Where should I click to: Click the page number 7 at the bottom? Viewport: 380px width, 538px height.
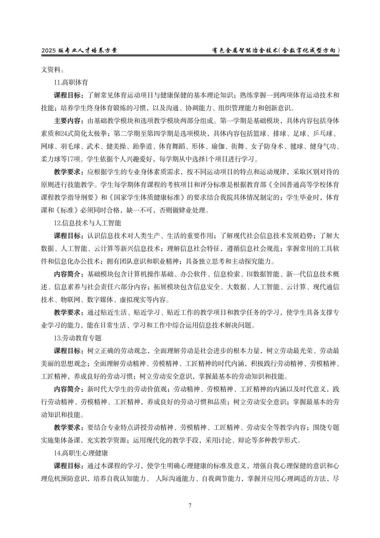(x=190, y=505)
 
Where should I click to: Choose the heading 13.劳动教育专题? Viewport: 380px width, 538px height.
(x=78, y=338)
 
